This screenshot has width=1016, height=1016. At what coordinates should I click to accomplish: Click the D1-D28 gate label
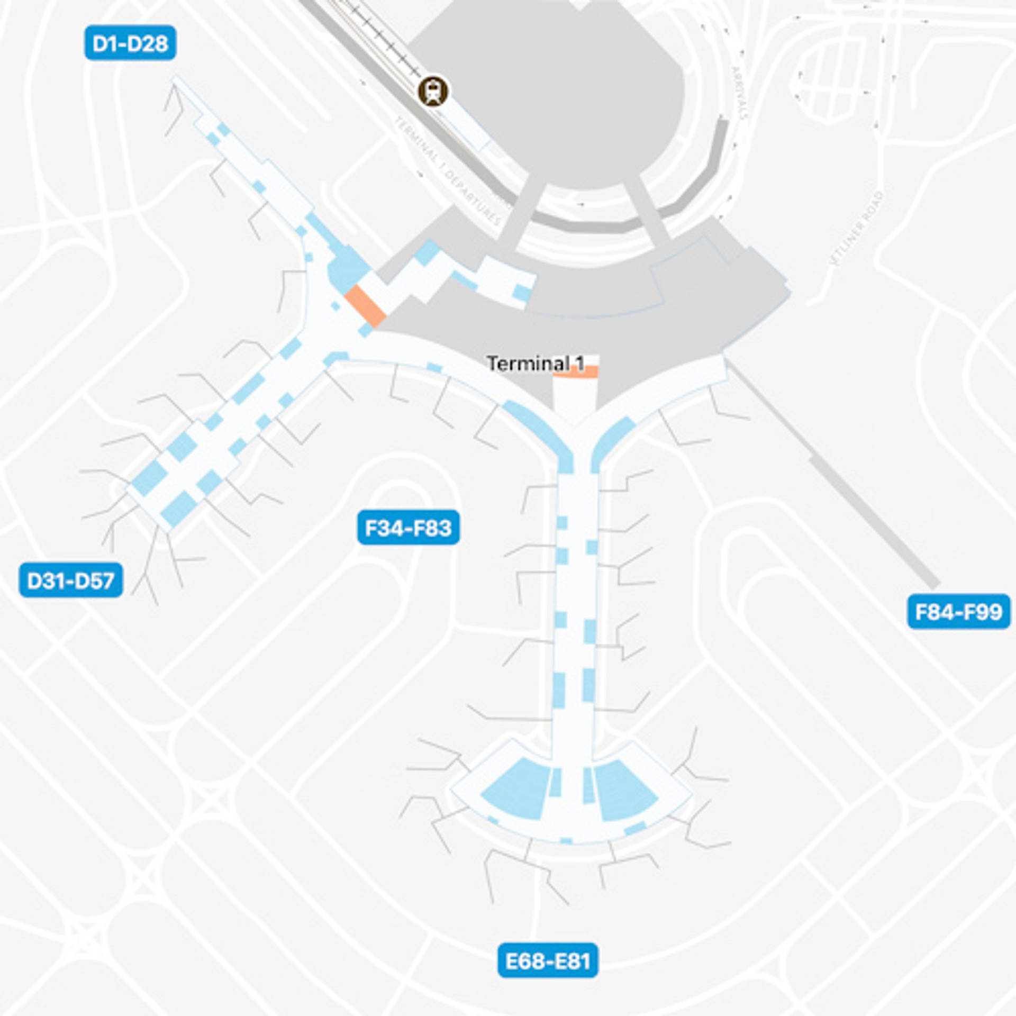130,43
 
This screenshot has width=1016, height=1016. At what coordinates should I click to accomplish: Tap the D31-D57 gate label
71,580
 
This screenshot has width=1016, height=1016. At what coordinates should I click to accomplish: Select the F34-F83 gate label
408,528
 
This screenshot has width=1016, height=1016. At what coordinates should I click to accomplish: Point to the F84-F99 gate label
958,612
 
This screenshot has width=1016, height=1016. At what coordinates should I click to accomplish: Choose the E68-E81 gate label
548,960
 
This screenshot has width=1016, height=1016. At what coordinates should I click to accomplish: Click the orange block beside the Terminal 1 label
575,371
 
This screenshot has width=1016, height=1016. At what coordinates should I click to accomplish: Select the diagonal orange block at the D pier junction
365,306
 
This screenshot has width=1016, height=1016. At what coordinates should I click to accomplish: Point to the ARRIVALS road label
739,93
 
